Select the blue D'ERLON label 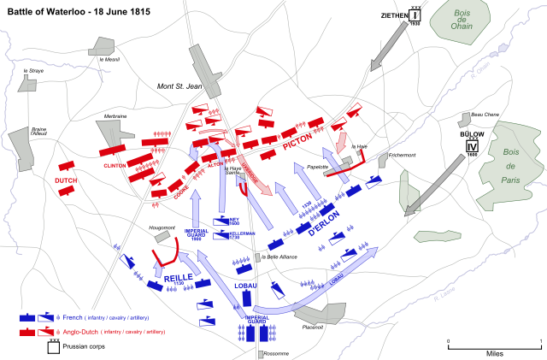coord(325,220)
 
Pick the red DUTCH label coord(66,180)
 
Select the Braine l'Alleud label coord(39,131)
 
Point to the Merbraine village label coord(115,115)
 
